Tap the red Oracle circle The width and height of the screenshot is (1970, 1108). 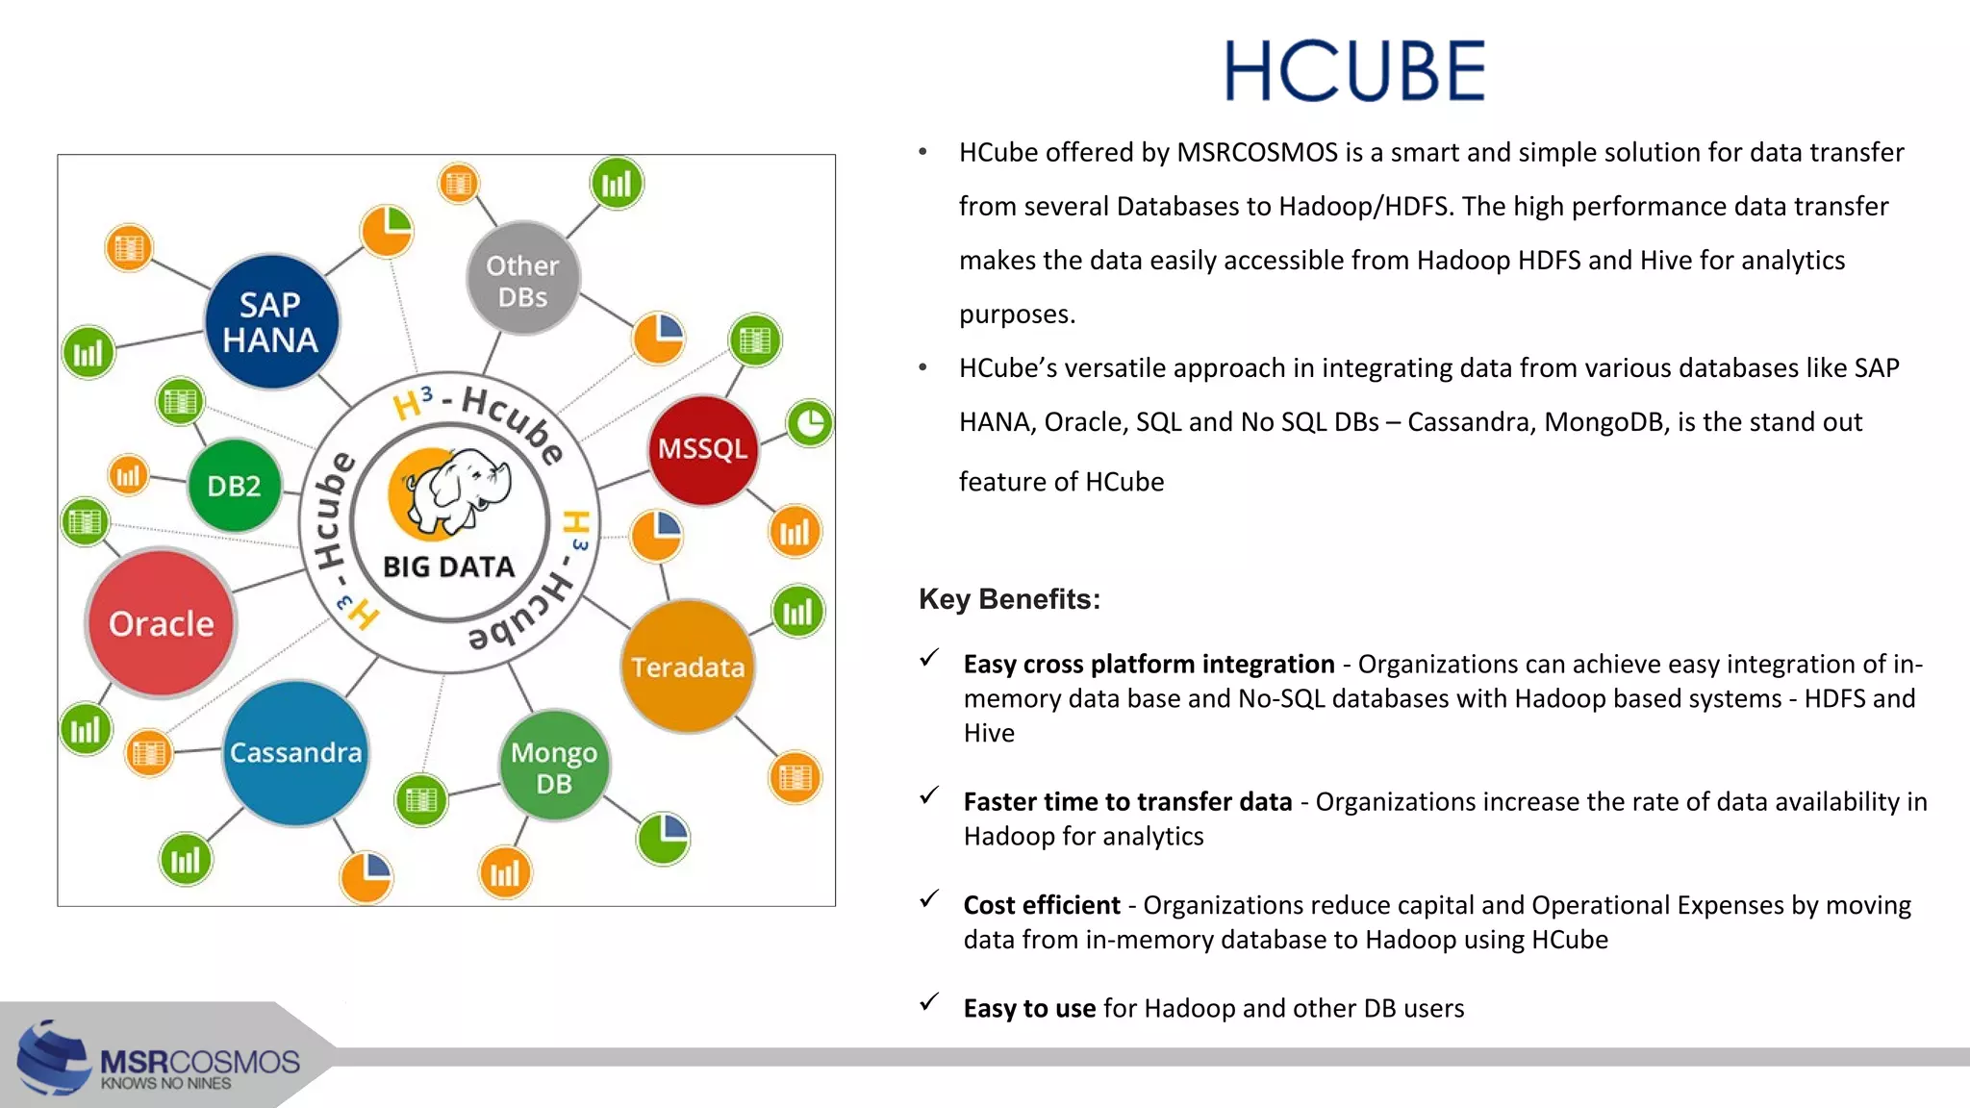[161, 623]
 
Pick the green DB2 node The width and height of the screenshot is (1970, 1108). [234, 486]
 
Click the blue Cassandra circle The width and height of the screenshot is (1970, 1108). [295, 752]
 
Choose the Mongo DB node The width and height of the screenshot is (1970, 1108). [554, 767]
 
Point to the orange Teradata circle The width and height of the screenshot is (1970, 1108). [687, 667]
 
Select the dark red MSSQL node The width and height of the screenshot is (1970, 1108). [702, 449]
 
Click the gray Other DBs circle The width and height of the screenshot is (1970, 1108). [522, 280]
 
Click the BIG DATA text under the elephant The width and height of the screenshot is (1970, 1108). [449, 567]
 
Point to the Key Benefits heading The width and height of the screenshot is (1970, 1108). [1009, 599]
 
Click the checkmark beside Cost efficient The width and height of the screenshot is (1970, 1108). [929, 899]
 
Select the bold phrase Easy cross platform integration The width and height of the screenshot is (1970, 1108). [1149, 664]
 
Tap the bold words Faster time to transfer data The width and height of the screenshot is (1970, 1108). [1127, 801]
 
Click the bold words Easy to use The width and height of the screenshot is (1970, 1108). [1029, 1008]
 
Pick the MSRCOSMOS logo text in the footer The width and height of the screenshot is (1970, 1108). [200, 1062]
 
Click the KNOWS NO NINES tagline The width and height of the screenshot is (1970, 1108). [166, 1084]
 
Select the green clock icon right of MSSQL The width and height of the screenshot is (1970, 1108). [810, 423]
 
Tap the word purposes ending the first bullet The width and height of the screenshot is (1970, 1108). [1016, 315]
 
